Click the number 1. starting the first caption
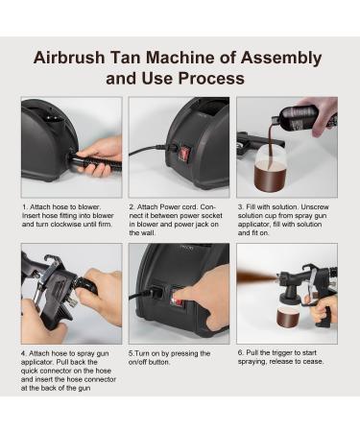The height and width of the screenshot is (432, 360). click(24, 205)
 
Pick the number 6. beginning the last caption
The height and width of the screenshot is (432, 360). click(240, 352)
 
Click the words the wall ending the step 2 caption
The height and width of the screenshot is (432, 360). click(144, 234)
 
